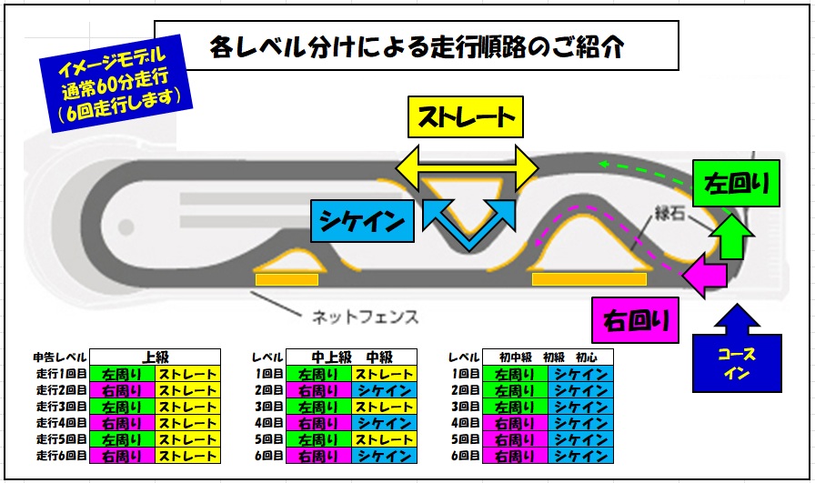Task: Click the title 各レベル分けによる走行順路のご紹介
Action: point(417,46)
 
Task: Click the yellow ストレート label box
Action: point(466,117)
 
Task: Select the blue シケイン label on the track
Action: point(362,219)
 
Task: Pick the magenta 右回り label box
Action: point(636,320)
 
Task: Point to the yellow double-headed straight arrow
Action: point(467,166)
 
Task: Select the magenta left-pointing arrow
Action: point(707,276)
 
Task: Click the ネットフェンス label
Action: point(365,317)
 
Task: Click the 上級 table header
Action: point(156,357)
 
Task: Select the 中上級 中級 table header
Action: point(350,357)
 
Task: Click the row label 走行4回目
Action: point(61,423)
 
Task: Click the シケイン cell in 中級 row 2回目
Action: point(384,390)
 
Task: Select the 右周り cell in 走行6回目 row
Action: point(122,456)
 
